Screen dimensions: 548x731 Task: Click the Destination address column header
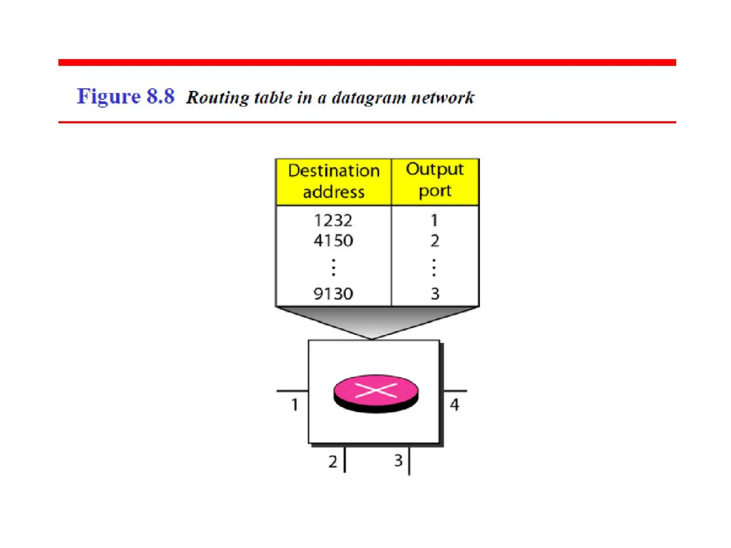(x=334, y=182)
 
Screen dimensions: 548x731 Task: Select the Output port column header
(x=435, y=180)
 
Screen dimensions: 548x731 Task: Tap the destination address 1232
(x=333, y=220)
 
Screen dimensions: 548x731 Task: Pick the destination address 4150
(x=333, y=241)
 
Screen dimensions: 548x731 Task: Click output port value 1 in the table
(x=434, y=220)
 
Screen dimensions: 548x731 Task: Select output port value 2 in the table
(x=435, y=241)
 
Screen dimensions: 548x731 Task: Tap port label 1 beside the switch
(x=294, y=405)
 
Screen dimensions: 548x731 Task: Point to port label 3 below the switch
(x=398, y=461)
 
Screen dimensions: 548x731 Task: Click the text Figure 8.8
(x=126, y=96)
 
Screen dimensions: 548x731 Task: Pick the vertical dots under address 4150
(x=333, y=268)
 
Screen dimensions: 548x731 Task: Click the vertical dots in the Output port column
(x=434, y=268)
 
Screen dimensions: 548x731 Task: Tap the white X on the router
(x=376, y=390)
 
